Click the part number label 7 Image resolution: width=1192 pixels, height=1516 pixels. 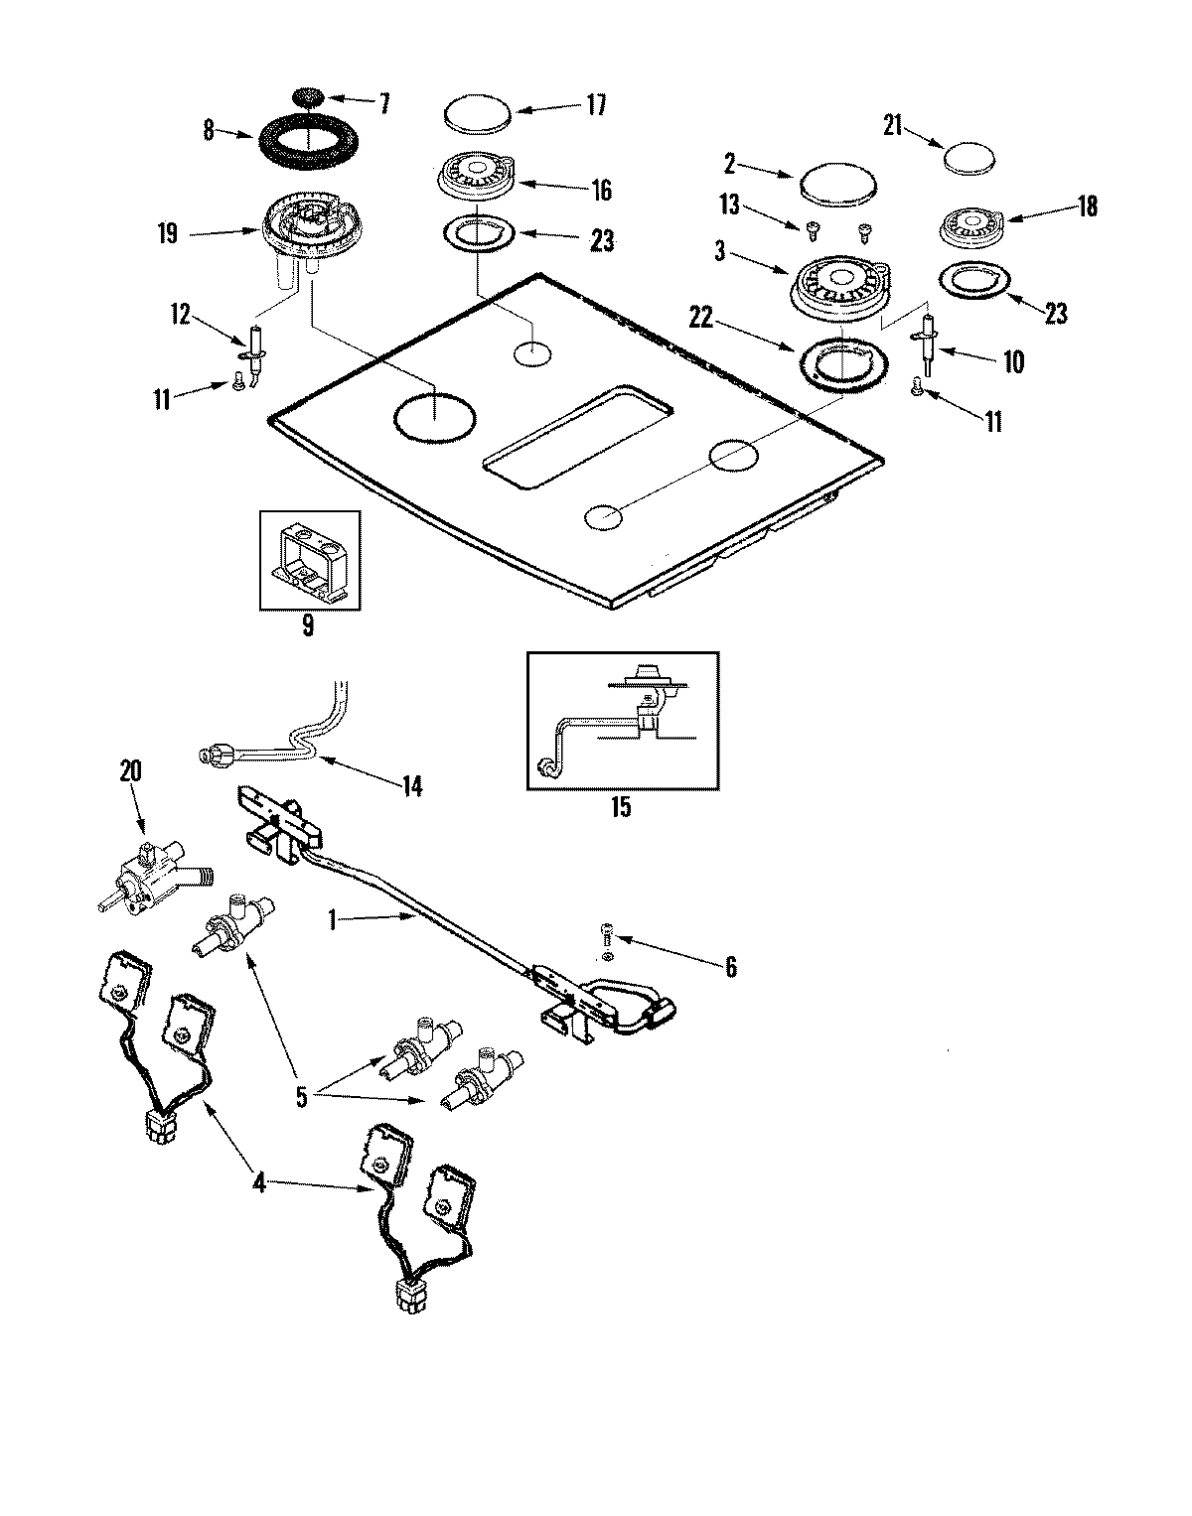(x=383, y=102)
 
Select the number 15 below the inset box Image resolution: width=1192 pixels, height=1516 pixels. (x=619, y=806)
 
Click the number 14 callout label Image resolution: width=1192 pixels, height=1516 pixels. (x=411, y=786)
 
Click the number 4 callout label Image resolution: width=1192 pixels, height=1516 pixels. (x=257, y=1184)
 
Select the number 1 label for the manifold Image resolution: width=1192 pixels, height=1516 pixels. (x=333, y=919)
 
